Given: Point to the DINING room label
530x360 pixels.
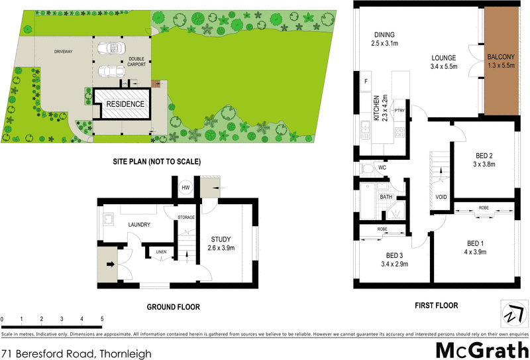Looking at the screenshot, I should (x=384, y=36).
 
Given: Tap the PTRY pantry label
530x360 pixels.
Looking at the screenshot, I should (x=399, y=110).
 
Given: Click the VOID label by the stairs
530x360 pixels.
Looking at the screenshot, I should (x=441, y=198).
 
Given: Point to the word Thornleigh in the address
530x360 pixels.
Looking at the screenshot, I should (x=125, y=354).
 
